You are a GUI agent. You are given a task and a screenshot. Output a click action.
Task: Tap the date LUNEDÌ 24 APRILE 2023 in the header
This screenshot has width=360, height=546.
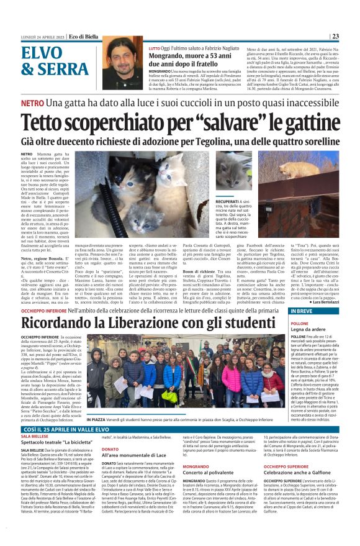(42, 36)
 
